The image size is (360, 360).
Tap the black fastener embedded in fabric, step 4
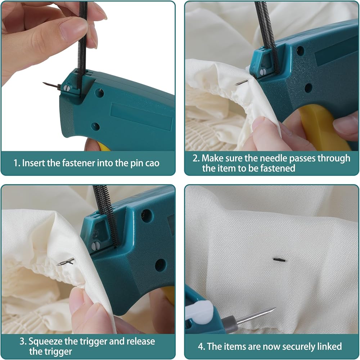tap(279, 260)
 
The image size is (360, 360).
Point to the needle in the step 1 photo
tap(51, 85)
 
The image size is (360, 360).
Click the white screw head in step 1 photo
tap(67, 88)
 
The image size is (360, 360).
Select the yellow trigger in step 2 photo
tap(323, 127)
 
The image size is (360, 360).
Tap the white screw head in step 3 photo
tap(95, 246)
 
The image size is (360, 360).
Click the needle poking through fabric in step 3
tap(66, 262)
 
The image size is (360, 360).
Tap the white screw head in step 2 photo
tap(263, 72)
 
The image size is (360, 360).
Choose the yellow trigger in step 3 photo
tap(170, 295)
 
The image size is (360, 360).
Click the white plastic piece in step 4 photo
tap(199, 311)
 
